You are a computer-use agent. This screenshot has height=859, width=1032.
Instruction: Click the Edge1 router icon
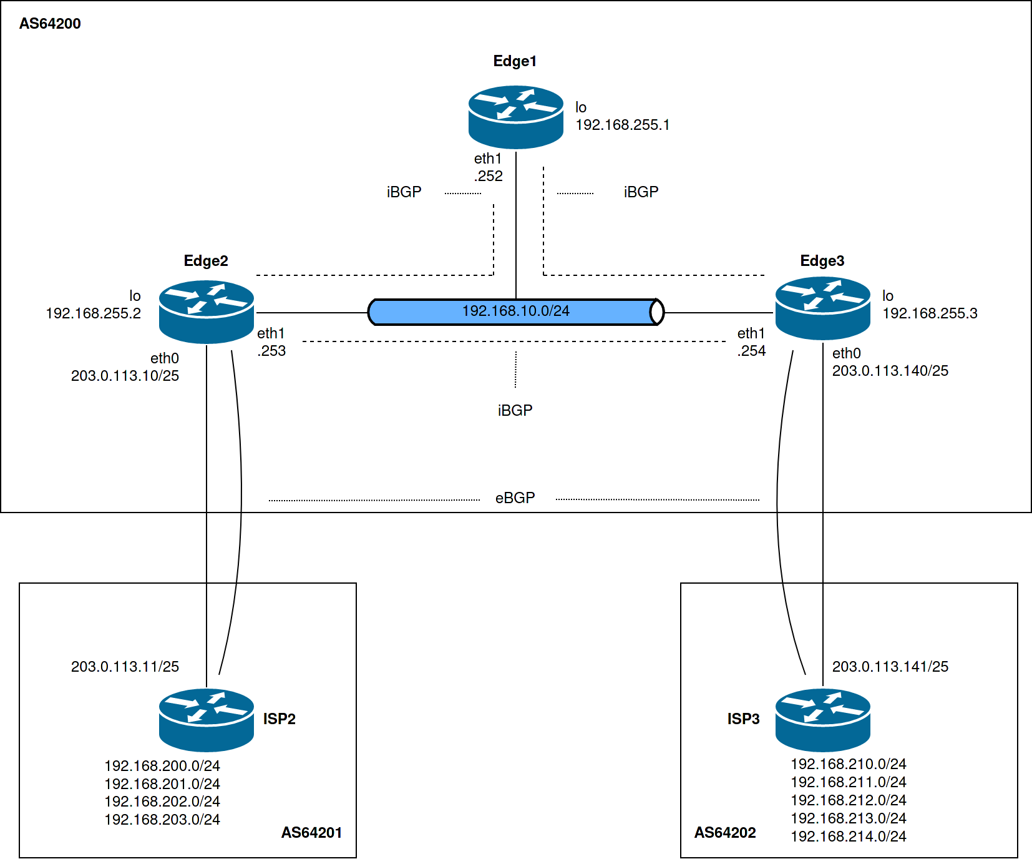pyautogui.click(x=516, y=117)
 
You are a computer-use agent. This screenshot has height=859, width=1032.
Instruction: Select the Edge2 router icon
pyautogui.click(x=207, y=312)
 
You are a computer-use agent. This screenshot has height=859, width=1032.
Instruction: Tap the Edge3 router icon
pyautogui.click(x=822, y=308)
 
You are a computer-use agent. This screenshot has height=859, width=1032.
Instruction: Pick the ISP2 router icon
pyautogui.click(x=207, y=720)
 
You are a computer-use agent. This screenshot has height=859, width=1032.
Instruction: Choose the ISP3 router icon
pyautogui.click(x=822, y=720)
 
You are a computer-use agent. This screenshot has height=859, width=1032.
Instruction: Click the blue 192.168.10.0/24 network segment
pyautogui.click(x=515, y=312)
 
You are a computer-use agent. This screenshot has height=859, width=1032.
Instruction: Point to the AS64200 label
pyautogui.click(x=50, y=24)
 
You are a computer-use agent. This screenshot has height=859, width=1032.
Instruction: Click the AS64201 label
pyautogui.click(x=311, y=832)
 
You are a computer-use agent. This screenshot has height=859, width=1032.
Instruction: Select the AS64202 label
pyautogui.click(x=725, y=832)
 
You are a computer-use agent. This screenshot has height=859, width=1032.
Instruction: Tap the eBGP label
pyautogui.click(x=515, y=498)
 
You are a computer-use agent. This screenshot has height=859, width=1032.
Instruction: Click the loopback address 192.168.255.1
pyautogui.click(x=622, y=125)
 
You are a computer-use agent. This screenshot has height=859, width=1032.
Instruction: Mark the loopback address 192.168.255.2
pyautogui.click(x=94, y=313)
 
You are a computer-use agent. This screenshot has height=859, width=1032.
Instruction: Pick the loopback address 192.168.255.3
pyautogui.click(x=930, y=313)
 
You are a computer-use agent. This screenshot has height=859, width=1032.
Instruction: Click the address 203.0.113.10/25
pyautogui.click(x=125, y=376)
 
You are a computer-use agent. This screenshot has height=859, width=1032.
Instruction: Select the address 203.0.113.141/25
pyautogui.click(x=890, y=667)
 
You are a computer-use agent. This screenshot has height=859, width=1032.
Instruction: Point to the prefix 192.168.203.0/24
pyautogui.click(x=162, y=819)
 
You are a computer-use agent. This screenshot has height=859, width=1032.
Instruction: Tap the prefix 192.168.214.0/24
pyautogui.click(x=849, y=837)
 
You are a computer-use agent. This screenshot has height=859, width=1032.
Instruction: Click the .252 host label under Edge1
pyautogui.click(x=489, y=176)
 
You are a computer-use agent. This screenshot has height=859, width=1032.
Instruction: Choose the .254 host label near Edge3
pyautogui.click(x=751, y=351)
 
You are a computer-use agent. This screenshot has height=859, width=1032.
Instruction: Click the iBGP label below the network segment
pyautogui.click(x=515, y=410)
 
